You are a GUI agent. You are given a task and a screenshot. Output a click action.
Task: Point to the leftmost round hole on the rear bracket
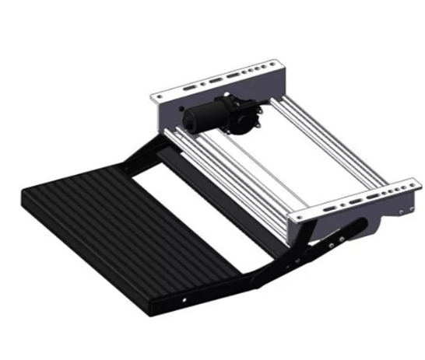pyautogui.click(x=160, y=94)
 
